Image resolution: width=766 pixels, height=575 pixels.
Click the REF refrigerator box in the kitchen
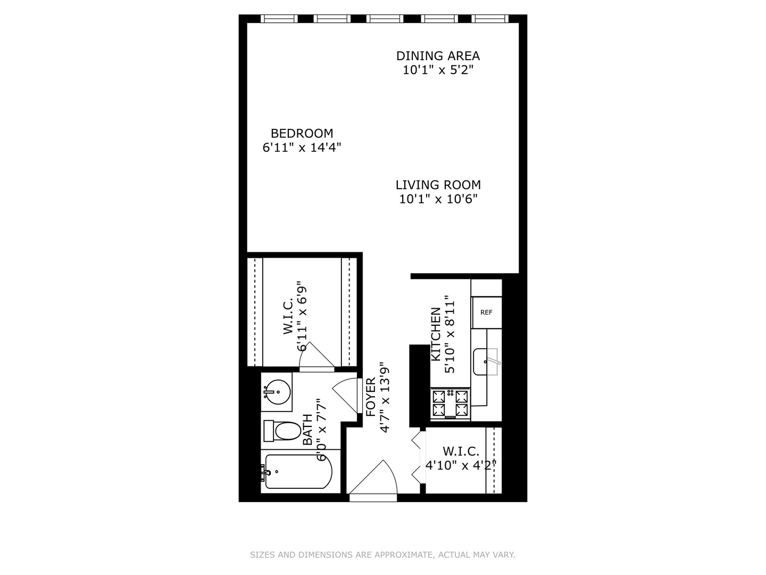[x=486, y=313]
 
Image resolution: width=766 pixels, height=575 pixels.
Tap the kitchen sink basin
[x=486, y=362]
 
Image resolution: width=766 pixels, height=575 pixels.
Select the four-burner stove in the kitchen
[x=450, y=403]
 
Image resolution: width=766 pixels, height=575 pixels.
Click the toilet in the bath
[x=284, y=431]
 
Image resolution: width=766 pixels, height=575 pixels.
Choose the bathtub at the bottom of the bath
[x=297, y=472]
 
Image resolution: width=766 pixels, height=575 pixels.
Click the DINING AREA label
[x=438, y=56]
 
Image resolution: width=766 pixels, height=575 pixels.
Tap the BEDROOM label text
[x=302, y=134]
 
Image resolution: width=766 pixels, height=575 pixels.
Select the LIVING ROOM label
[x=438, y=185]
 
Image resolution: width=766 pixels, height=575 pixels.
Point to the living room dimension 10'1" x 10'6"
[x=438, y=199]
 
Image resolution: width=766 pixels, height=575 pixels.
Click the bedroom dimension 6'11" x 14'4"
[x=302, y=147]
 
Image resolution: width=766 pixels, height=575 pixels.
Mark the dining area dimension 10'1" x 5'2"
[x=438, y=70]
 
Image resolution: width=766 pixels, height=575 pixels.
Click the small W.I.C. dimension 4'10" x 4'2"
[x=461, y=465]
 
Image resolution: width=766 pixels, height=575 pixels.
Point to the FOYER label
[x=371, y=397]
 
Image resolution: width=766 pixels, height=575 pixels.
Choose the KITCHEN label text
[x=436, y=334]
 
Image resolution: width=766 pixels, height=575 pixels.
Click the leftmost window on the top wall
[x=278, y=19]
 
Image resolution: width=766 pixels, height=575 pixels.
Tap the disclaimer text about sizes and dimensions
[x=382, y=555]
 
